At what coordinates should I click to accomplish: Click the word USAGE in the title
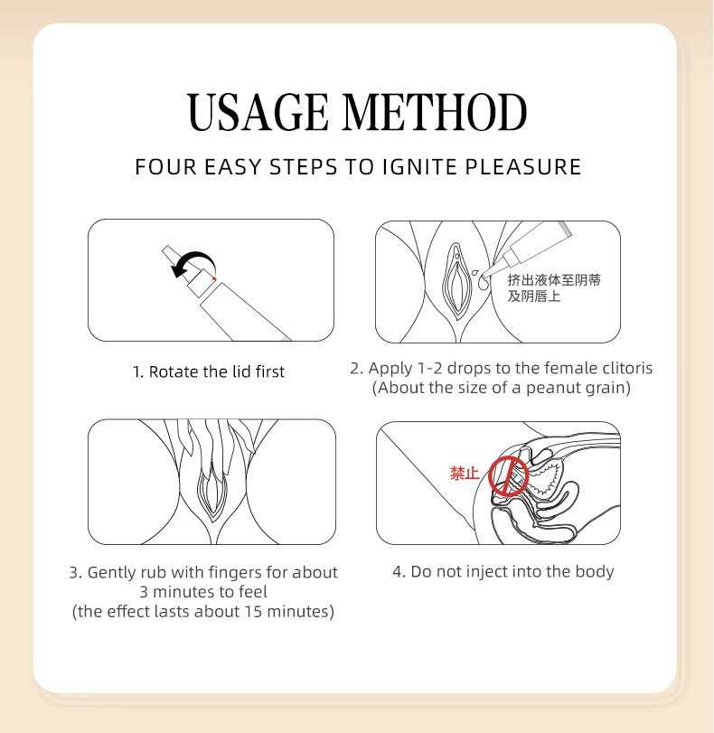point(258,112)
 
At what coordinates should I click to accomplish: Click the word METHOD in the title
point(435,112)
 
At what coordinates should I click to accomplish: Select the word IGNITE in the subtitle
point(419,167)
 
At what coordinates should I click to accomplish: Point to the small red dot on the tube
point(214,278)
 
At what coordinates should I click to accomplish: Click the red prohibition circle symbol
point(508,476)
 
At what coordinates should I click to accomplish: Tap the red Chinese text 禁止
point(465,473)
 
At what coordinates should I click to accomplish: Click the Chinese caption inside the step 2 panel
point(554,288)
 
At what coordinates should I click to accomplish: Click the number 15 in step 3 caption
point(253,612)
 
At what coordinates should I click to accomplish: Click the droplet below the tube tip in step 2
point(483,281)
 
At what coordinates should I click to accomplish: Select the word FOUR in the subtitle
point(165,167)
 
